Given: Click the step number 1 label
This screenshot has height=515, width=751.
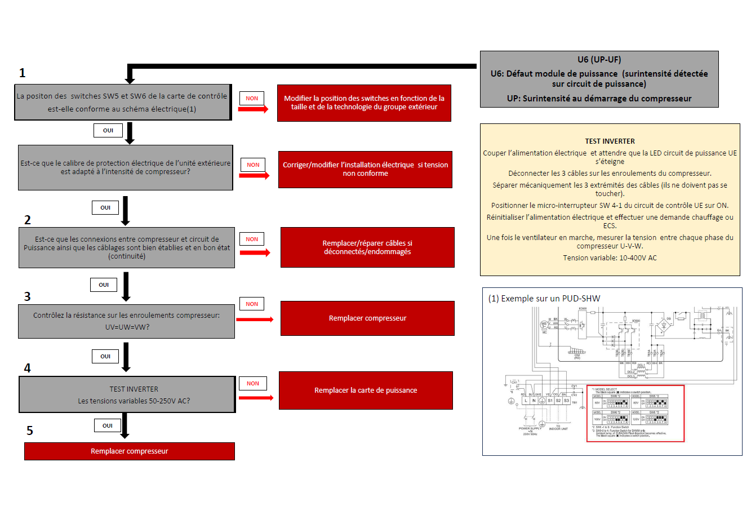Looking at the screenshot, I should pyautogui.click(x=23, y=73).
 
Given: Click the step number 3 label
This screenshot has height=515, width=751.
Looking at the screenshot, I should pyautogui.click(x=27, y=296).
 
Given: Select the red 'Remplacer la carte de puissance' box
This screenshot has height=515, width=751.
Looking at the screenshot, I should pyautogui.click(x=366, y=390).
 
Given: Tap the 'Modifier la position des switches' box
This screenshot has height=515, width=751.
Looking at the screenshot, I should pyautogui.click(x=364, y=103).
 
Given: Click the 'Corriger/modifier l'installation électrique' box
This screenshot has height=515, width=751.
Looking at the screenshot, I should pyautogui.click(x=365, y=169).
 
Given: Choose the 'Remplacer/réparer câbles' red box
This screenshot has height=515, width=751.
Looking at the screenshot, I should pyautogui.click(x=367, y=247).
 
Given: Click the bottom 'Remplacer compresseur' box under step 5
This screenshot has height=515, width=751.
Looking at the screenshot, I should pyautogui.click(x=129, y=451).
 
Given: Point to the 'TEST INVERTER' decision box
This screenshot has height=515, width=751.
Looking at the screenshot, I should pyautogui.click(x=127, y=394).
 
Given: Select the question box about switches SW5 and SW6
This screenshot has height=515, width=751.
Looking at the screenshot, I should pyautogui.click(x=122, y=102).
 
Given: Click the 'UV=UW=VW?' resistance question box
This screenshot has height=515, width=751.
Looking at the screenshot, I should pyautogui.click(x=126, y=321).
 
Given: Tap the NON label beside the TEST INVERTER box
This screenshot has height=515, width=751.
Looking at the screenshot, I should pyautogui.click(x=253, y=384).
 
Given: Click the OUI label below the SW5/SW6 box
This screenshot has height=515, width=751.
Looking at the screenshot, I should pyautogui.click(x=108, y=130).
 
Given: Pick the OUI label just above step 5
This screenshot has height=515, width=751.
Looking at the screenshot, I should pyautogui.click(x=108, y=425).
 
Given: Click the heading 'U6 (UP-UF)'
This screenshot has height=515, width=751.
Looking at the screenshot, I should pyautogui.click(x=599, y=59).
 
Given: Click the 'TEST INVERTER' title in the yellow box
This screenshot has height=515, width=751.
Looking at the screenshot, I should pyautogui.click(x=610, y=141).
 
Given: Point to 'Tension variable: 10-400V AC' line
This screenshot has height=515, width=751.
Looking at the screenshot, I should pyautogui.click(x=610, y=258).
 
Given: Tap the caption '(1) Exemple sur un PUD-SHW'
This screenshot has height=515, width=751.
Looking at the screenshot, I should pyautogui.click(x=544, y=299).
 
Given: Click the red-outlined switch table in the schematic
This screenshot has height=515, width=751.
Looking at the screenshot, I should pyautogui.click(x=636, y=414).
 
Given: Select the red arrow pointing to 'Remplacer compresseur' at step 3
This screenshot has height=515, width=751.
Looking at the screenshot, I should pyautogui.click(x=255, y=319).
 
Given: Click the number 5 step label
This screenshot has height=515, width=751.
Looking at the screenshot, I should pyautogui.click(x=30, y=430).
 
